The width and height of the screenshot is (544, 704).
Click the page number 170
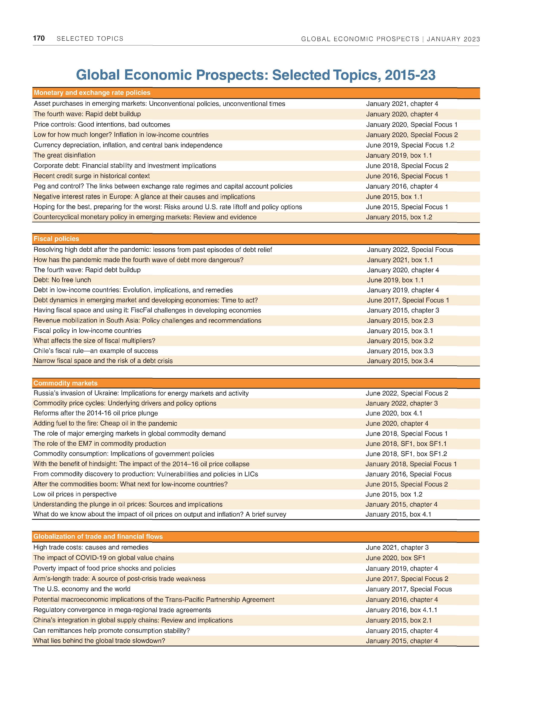coord(39,38)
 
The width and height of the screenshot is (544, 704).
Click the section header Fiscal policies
coord(56,239)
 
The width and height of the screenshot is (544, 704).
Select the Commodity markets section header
coord(65,383)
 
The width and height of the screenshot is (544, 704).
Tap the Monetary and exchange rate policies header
coord(92,93)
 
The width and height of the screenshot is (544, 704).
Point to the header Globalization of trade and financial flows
coord(98,536)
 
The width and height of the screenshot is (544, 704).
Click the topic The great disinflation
coord(64,155)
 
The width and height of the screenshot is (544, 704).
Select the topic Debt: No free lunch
coord(62,280)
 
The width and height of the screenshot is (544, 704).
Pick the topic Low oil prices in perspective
coord(75,494)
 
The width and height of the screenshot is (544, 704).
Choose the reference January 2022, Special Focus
coord(410,250)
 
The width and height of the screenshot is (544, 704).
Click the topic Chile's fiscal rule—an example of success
coord(96,351)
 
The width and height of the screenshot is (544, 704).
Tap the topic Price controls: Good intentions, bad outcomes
coord(102,125)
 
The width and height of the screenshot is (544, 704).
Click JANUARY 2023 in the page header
coord(453,39)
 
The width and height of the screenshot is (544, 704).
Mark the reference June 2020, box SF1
coord(395,558)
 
